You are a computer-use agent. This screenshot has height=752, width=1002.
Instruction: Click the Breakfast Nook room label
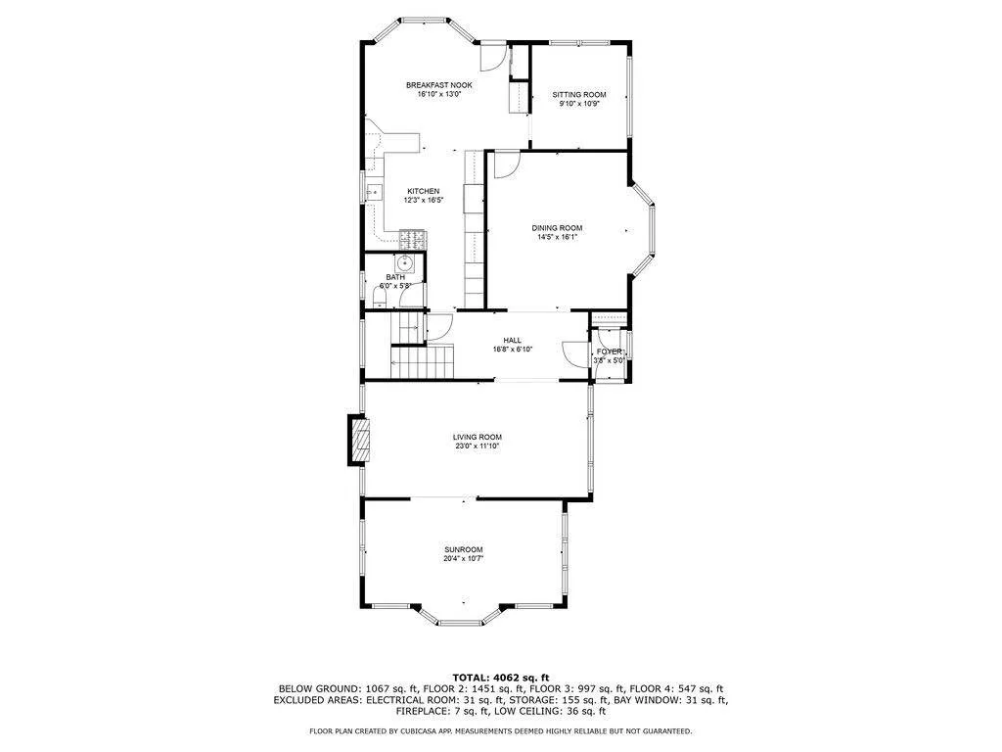(x=432, y=85)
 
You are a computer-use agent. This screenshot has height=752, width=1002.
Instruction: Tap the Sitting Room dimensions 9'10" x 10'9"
(x=578, y=104)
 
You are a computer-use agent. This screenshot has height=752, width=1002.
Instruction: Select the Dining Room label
(x=558, y=228)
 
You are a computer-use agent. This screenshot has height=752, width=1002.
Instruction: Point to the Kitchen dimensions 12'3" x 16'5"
(x=424, y=201)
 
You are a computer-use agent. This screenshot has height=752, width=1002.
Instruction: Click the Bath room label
(x=394, y=277)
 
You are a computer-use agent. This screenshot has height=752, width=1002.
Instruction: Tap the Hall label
(x=513, y=341)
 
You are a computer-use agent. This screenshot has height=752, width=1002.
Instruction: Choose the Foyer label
(x=610, y=351)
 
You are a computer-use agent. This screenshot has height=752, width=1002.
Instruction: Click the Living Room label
(x=477, y=437)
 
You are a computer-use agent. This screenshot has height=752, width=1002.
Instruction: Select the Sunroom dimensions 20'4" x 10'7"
(x=464, y=558)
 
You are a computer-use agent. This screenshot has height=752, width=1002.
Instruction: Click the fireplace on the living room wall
(x=360, y=441)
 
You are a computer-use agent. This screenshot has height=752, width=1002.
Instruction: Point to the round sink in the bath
(x=404, y=262)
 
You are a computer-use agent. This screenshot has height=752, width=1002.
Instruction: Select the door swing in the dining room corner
(x=505, y=164)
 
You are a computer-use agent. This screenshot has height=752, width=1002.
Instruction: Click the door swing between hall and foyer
(x=570, y=352)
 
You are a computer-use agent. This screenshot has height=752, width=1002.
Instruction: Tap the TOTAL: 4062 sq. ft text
(x=500, y=677)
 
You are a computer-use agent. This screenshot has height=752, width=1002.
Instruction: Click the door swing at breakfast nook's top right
(x=496, y=56)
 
